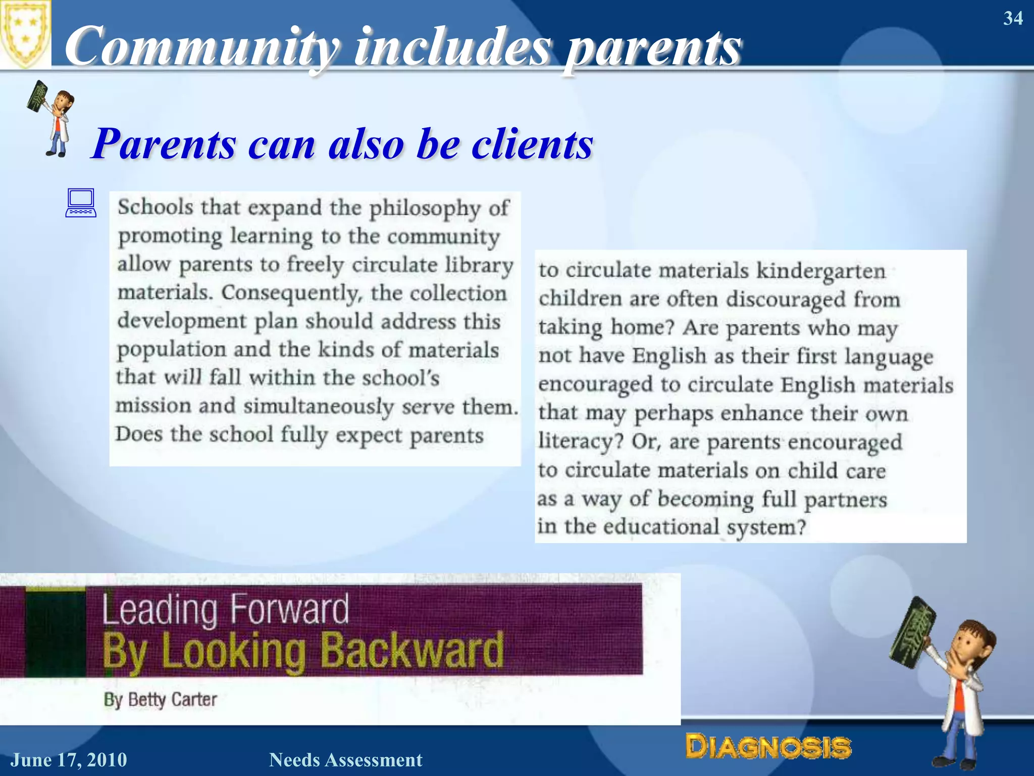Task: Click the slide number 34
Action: coord(1013,18)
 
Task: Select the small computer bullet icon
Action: coord(81,203)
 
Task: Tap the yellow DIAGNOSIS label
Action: coord(768,747)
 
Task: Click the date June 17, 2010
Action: coord(69,760)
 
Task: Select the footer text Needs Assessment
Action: coord(345,760)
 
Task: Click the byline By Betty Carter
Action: coord(160,700)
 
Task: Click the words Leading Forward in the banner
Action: coord(225,610)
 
